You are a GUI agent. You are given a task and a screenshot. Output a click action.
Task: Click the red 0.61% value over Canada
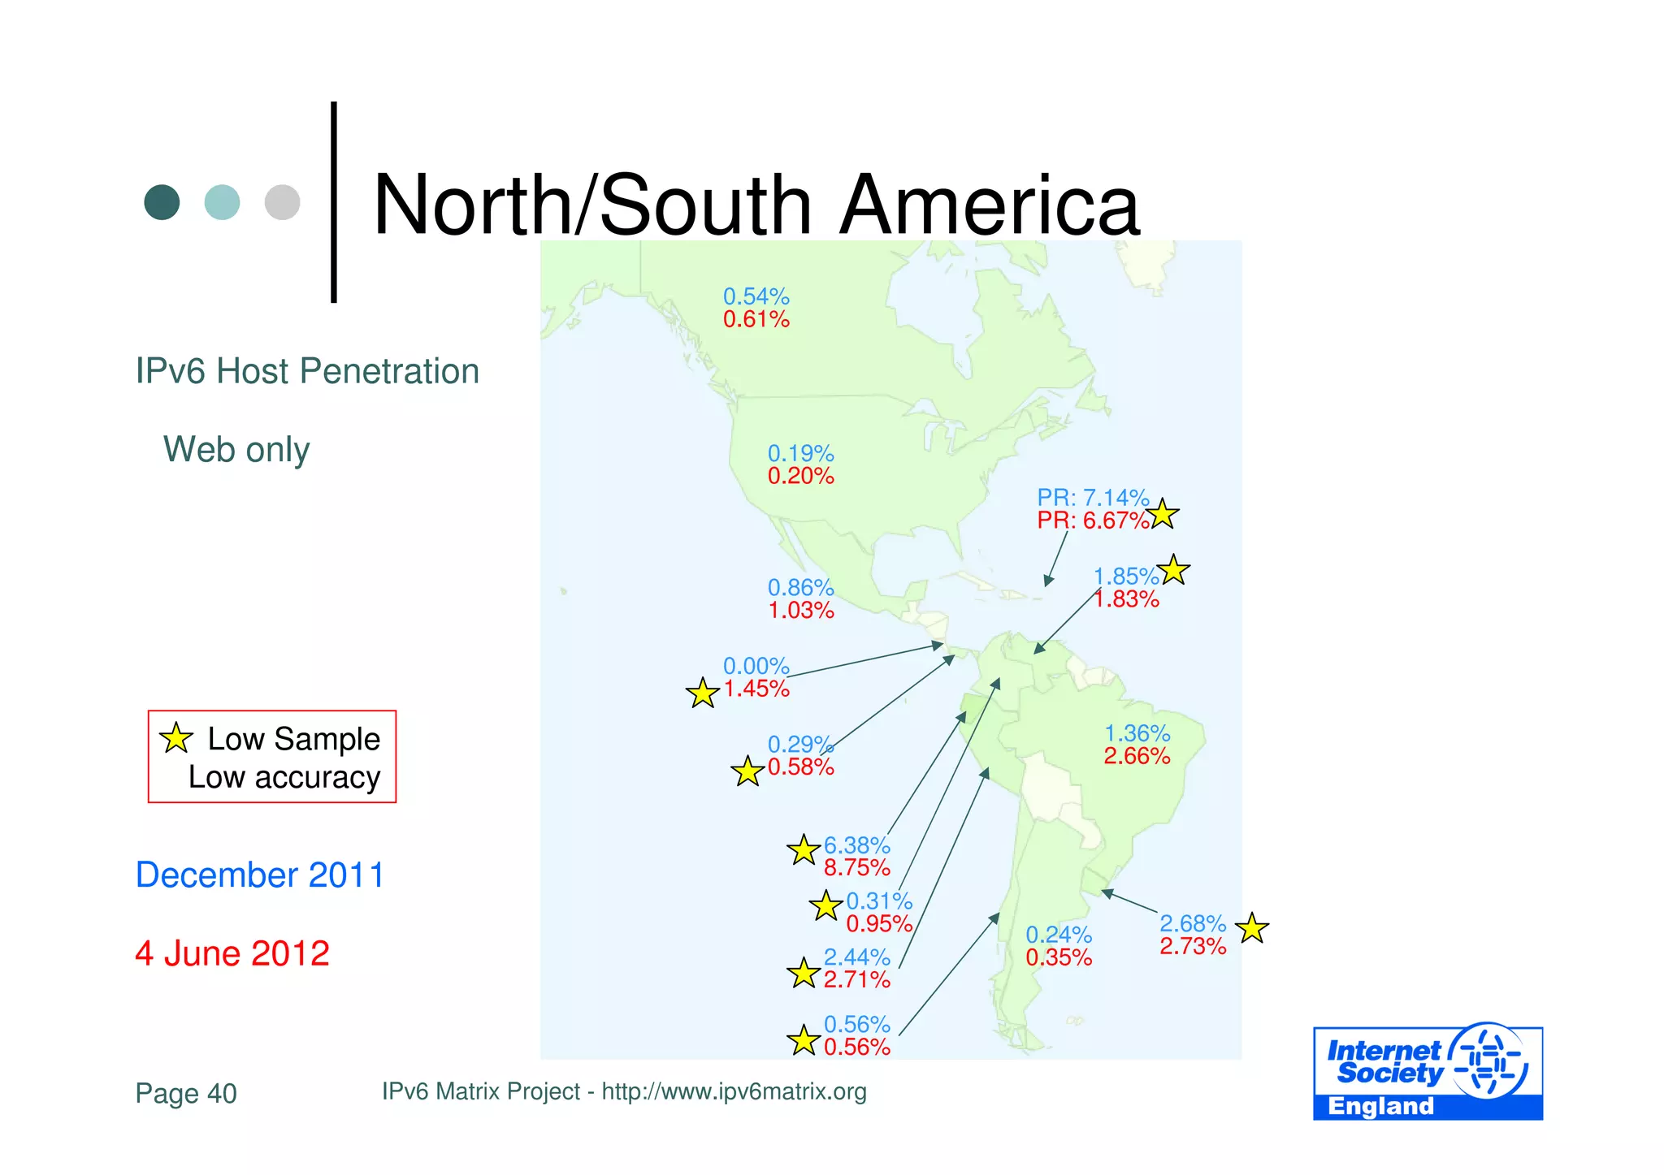756,320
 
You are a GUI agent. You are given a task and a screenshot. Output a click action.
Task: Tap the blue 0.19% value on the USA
800,453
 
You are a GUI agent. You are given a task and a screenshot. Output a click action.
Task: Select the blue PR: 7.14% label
1092,497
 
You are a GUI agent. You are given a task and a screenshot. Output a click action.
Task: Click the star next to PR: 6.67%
1163,514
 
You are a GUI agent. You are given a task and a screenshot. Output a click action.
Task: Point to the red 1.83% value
1126,599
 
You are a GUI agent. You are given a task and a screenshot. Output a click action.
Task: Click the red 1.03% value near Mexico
800,611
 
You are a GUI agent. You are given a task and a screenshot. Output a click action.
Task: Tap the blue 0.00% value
756,666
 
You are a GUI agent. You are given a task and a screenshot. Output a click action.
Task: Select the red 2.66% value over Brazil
1136,757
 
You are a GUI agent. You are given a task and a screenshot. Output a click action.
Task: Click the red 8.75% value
856,868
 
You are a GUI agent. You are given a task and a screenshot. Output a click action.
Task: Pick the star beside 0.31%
825,905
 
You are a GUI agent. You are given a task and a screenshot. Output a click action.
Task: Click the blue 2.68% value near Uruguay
1192,923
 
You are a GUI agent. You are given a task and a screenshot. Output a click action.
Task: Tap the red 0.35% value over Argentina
1058,958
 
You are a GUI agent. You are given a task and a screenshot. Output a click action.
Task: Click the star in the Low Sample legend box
175,738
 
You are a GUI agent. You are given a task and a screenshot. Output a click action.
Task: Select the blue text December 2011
260,875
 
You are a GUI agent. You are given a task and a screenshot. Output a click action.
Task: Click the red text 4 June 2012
232,953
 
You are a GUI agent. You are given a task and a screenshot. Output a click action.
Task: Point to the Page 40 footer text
186,1094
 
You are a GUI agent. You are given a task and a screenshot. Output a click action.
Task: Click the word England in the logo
1380,1107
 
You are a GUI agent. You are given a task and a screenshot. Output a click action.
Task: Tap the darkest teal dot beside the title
162,202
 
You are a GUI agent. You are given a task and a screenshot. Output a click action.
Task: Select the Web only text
236,450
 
